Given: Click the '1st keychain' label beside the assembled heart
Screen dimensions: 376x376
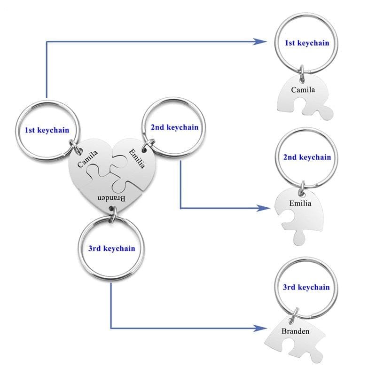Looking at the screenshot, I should click(x=47, y=130).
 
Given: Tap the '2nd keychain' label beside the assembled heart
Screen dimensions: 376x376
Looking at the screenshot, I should click(x=174, y=127).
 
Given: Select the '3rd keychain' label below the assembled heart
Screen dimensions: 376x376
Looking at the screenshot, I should click(x=111, y=248).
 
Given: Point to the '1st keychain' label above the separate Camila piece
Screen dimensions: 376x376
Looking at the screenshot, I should click(x=307, y=43).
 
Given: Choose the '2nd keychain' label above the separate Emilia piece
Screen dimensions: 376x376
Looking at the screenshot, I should click(x=307, y=157).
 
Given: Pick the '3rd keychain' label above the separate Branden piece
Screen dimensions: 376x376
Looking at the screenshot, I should click(x=306, y=287).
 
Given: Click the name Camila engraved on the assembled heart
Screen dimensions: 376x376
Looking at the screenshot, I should click(x=88, y=158).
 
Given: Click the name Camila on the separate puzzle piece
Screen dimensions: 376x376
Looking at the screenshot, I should click(x=303, y=90).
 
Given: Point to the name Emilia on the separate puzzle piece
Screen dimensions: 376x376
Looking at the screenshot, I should click(x=300, y=204).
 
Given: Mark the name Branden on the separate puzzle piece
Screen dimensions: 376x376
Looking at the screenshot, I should click(x=296, y=331).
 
